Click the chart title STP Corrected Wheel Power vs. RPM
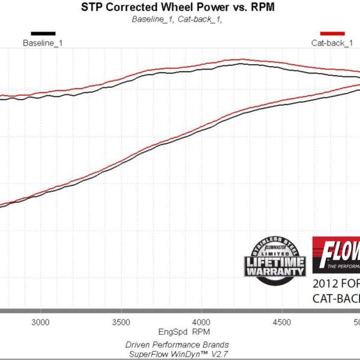coord(179,7)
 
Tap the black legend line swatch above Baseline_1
coord(43,34)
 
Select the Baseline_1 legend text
coord(43,43)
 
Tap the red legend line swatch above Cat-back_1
coord(331,34)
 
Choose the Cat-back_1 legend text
coord(331,43)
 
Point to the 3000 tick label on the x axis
coord(40,322)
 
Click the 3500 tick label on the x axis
coord(121,322)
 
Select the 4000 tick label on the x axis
coord(202,322)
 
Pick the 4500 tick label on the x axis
coord(282,322)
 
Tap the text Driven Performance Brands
coord(177,344)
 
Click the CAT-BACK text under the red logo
coord(336,298)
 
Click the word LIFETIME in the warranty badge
coord(275,262)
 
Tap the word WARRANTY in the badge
coord(275,271)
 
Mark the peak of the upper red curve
coord(242,59)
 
